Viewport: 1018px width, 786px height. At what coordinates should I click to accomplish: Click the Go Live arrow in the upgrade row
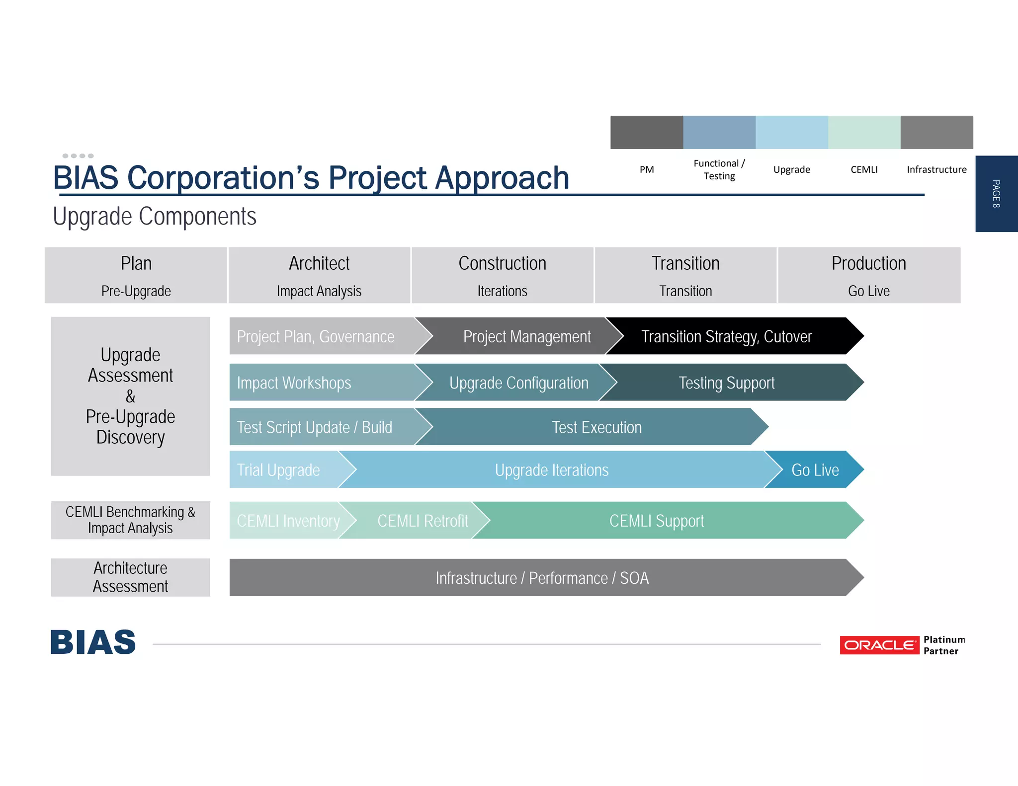pos(815,470)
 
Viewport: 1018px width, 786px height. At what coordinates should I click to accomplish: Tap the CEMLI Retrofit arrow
pos(423,520)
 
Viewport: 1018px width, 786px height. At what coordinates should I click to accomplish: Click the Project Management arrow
pos(527,336)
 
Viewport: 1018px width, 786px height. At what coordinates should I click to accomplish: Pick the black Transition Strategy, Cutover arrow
pos(727,336)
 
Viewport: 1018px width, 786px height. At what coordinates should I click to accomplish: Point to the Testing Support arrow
pos(727,383)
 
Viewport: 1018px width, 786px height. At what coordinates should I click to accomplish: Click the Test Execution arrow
pos(596,427)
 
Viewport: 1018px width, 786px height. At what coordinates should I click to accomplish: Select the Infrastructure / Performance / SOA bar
pos(542,577)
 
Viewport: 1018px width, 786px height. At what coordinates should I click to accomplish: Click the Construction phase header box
pos(502,275)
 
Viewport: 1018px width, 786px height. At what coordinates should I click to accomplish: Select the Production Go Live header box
pos(868,275)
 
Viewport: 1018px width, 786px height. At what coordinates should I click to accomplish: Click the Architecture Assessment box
pos(130,577)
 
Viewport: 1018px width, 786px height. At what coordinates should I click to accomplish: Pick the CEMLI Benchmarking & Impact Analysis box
pos(130,520)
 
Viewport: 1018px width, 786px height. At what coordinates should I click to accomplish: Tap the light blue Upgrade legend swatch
pos(791,132)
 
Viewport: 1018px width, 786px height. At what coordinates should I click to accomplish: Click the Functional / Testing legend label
pos(719,169)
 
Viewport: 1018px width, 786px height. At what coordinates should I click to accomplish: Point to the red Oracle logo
pos(879,645)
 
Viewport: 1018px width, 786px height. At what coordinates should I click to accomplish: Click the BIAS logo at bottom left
pos(93,642)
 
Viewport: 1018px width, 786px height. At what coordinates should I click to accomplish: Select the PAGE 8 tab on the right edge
pos(996,194)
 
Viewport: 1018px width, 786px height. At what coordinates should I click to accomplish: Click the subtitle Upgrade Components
pos(155,216)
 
